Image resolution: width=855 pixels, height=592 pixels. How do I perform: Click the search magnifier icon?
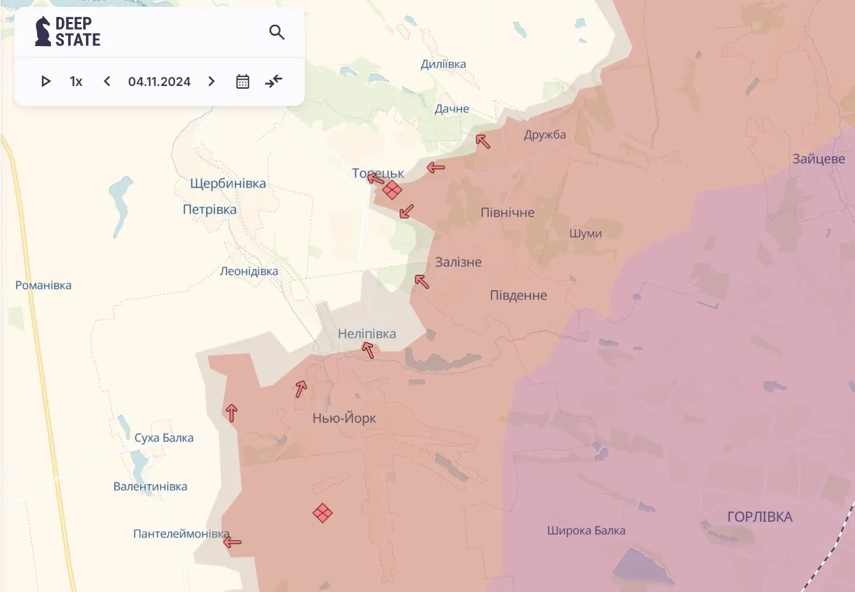[277, 32]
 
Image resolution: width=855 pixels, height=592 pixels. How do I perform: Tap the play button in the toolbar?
[46, 81]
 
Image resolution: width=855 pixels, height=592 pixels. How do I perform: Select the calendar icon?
[242, 81]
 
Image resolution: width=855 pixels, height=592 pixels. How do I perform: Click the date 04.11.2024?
[159, 81]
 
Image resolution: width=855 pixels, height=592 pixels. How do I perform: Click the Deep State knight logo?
[43, 32]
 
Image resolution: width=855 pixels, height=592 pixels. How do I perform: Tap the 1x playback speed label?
[76, 81]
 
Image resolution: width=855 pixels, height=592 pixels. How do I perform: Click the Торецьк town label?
[378, 173]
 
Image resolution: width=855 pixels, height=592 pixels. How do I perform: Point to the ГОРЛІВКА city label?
[760, 516]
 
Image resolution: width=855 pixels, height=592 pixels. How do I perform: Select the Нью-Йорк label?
[344, 418]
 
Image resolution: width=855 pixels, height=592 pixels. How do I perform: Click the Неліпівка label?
[367, 333]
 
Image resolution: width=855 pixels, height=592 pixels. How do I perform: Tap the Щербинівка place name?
[228, 184]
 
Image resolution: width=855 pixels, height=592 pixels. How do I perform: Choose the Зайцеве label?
[818, 158]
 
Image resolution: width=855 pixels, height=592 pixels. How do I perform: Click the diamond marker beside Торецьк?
[392, 190]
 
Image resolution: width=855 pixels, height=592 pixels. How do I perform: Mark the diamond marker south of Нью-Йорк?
[323, 512]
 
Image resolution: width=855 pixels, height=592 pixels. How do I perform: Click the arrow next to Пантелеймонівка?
[232, 542]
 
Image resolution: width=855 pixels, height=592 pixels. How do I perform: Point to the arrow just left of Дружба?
[483, 142]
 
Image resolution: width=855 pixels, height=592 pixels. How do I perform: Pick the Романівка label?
[43, 285]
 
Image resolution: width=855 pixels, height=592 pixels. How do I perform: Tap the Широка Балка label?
[586, 530]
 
